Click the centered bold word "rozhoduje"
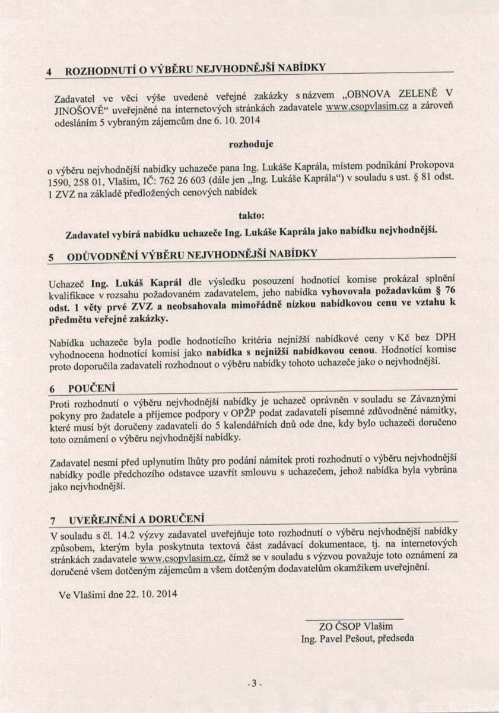(x=250, y=144)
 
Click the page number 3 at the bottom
(x=253, y=684)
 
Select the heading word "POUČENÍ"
(x=91, y=389)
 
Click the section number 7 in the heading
(x=53, y=520)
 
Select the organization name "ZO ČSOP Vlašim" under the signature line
(x=356, y=626)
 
